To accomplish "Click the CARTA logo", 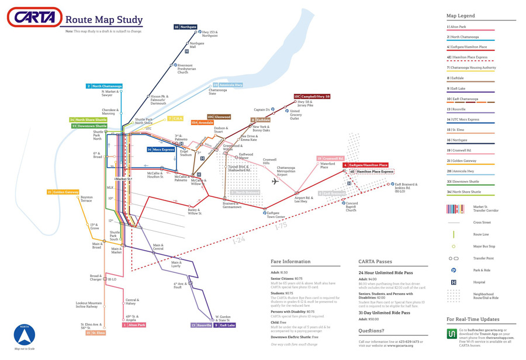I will coord(34,18).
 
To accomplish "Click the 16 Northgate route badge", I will coord(185,27).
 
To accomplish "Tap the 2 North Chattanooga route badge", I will coord(104,86).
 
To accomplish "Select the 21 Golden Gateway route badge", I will coord(63,192).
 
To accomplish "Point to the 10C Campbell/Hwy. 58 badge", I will coord(312,96).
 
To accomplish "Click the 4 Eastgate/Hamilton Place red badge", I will coord(365,165).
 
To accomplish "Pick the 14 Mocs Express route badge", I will coord(161,150).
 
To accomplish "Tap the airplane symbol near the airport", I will coord(275,182).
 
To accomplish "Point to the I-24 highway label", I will coord(238,240).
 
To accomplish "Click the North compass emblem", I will coord(24,335).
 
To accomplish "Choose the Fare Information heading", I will coord(290,262).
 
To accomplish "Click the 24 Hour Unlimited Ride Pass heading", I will coord(385,273).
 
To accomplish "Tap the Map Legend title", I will coord(461,16).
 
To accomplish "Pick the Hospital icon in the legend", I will coord(454,282).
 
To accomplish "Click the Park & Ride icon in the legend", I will coord(454,270).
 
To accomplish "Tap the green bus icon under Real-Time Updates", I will coord(452,334).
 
